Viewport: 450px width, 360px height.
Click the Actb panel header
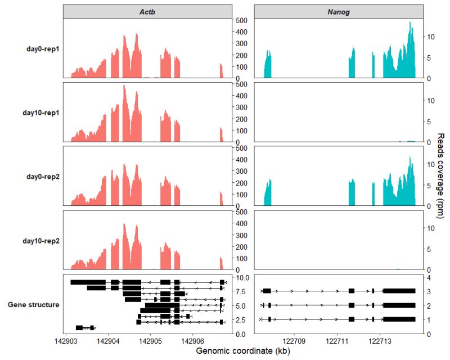click(x=147, y=12)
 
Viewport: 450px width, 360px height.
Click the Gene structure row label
click(x=34, y=305)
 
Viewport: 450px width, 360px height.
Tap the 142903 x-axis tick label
click(x=65, y=341)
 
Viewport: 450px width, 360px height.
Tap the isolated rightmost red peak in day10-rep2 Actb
click(x=221, y=263)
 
